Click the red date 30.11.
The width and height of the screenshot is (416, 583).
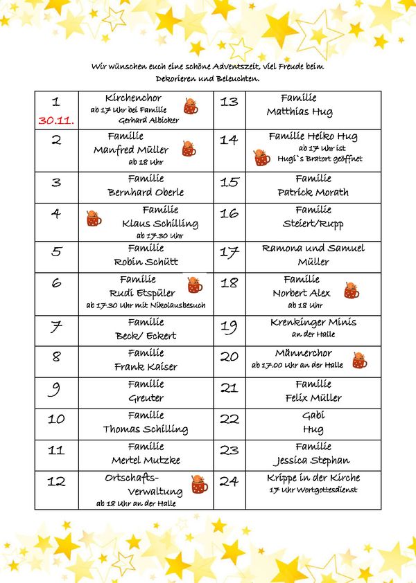tap(57, 120)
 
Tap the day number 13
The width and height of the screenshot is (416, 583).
tap(229, 102)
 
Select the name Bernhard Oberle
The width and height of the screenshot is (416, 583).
tap(146, 192)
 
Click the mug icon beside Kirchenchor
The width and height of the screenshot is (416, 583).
tap(191, 106)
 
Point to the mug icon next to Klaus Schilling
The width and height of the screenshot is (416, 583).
tap(94, 219)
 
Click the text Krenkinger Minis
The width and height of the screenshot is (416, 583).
tap(313, 322)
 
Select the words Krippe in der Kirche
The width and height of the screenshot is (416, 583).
tap(313, 478)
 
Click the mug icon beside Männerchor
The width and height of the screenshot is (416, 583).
tap(359, 361)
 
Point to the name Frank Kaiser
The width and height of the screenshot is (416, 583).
tap(146, 367)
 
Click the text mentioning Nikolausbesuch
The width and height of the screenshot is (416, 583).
tap(146, 305)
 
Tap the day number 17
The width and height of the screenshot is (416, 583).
tap(229, 253)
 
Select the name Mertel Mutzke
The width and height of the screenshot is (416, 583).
tap(146, 460)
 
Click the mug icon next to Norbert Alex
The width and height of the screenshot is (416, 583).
tap(352, 291)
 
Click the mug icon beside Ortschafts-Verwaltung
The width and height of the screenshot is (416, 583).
tap(200, 484)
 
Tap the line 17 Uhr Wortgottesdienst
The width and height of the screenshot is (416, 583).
tap(313, 490)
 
